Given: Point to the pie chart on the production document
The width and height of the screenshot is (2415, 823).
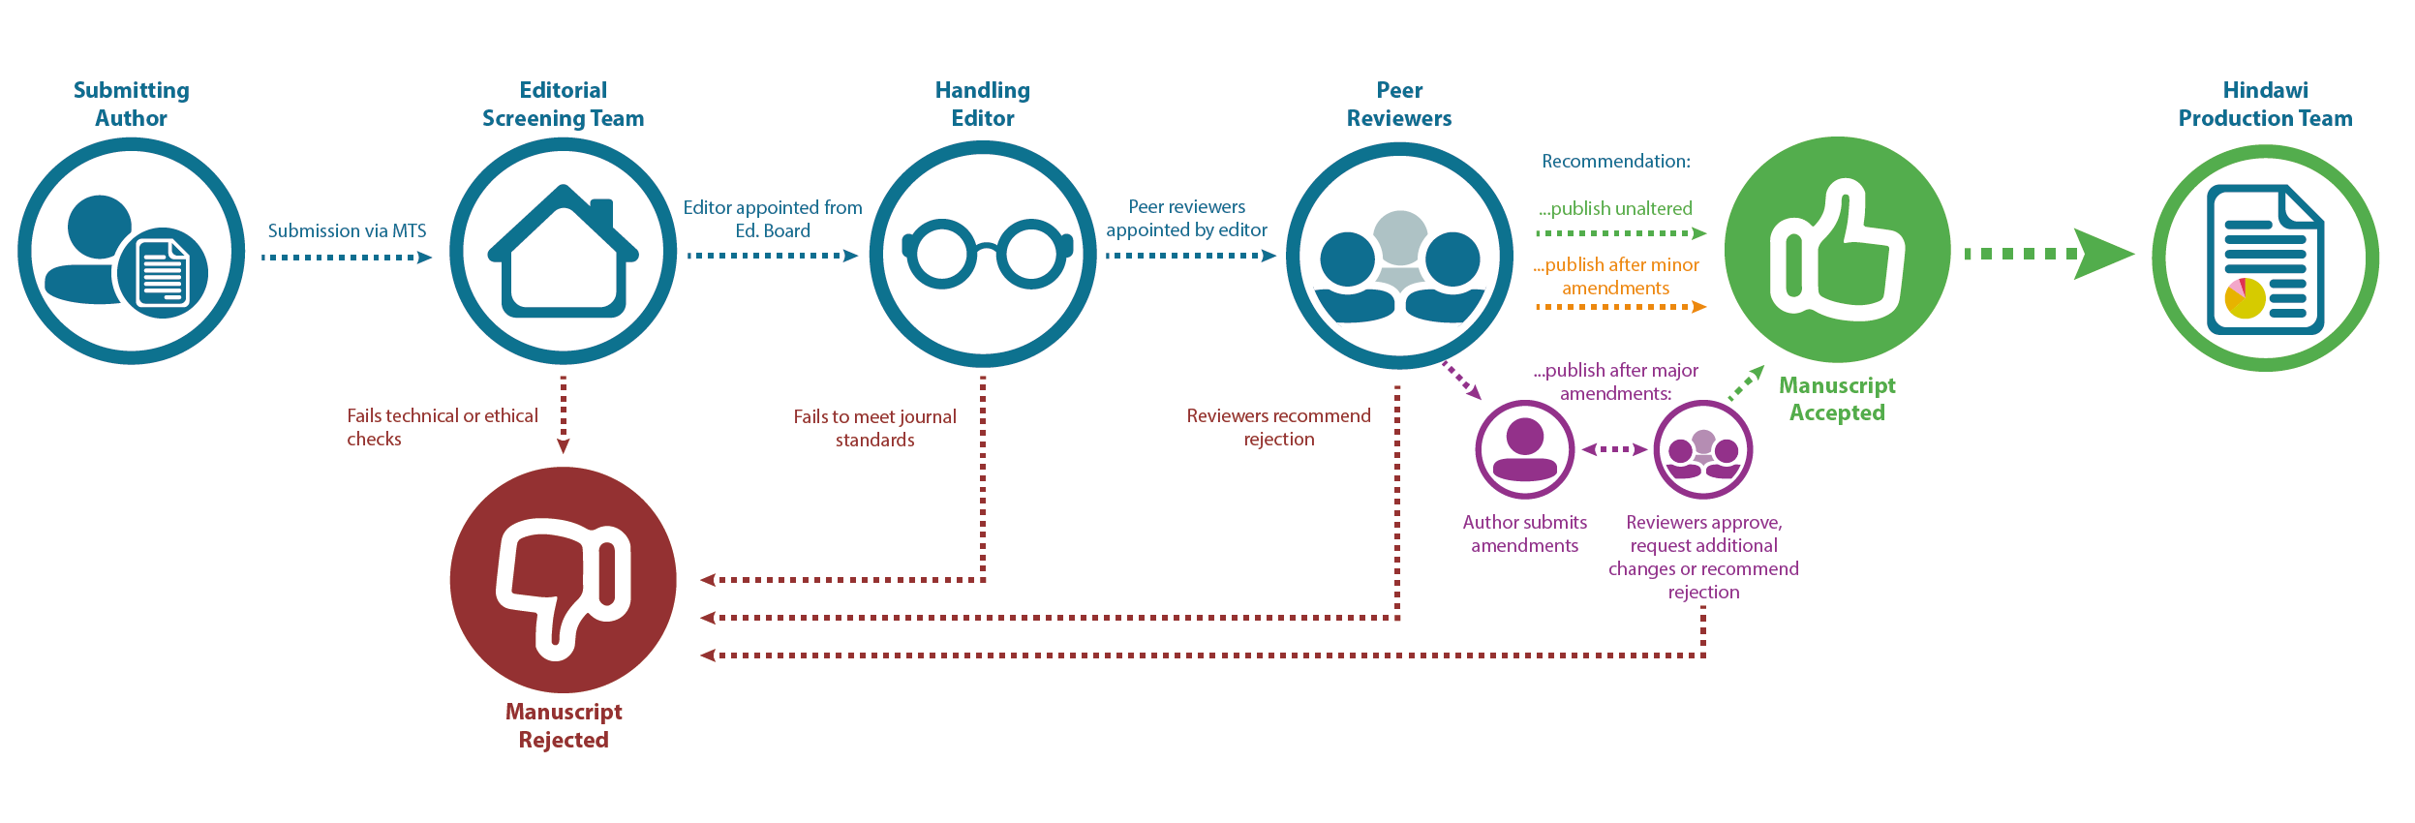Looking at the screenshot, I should click(x=2245, y=298).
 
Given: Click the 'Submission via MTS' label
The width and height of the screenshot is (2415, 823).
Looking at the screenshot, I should click(x=347, y=230).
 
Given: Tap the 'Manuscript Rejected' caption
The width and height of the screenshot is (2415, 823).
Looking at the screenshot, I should click(x=564, y=725).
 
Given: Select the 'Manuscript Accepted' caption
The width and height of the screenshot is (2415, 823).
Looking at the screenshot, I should click(x=1837, y=399).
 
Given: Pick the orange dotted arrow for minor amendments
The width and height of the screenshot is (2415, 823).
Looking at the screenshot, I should click(x=1620, y=307).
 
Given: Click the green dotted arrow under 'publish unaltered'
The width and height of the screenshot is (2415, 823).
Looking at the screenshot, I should click(x=1620, y=233).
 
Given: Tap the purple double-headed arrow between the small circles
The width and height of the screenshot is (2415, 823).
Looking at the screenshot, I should click(x=1614, y=449).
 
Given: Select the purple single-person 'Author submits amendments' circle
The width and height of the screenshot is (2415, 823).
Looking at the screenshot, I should click(x=1524, y=449).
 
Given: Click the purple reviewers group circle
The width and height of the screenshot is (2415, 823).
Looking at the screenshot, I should click(x=1703, y=449).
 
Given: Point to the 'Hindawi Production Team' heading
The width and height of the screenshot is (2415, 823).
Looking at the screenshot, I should click(x=2265, y=105).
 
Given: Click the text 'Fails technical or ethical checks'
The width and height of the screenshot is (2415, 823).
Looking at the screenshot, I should click(x=442, y=427).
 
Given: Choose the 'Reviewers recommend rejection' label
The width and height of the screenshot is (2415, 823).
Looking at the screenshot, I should click(x=1278, y=427).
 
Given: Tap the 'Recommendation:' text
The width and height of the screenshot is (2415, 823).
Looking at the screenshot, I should click(x=1615, y=161).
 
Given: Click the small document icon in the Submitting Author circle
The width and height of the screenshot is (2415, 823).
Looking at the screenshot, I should click(x=163, y=273).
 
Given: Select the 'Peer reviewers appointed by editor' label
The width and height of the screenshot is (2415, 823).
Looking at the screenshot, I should click(x=1186, y=218).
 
